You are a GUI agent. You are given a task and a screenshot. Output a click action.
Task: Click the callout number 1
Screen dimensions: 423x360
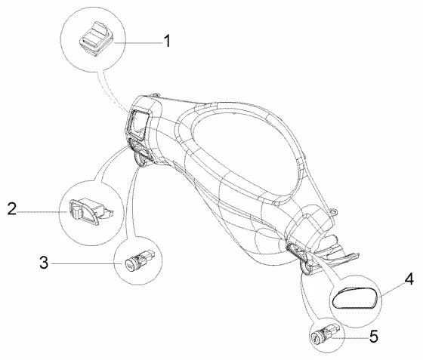167,42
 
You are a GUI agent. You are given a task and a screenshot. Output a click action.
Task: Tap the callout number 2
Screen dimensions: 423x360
12,209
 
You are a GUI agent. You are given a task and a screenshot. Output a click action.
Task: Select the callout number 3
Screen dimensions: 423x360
44,263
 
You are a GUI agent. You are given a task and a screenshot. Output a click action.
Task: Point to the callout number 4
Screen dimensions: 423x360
409,279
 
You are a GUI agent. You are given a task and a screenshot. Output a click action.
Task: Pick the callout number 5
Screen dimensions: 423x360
373,337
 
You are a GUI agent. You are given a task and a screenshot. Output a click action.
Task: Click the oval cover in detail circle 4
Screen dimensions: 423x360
354,298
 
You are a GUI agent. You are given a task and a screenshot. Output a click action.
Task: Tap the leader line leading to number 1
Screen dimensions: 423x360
138,42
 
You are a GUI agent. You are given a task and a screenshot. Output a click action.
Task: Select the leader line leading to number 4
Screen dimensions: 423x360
393,290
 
